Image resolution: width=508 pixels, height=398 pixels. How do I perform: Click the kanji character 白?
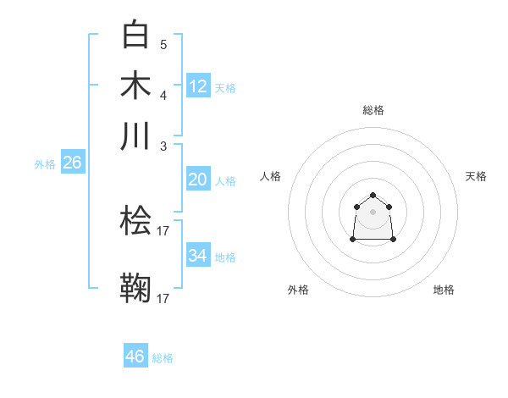pyautogui.click(x=136, y=35)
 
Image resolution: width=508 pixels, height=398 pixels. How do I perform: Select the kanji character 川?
pyautogui.click(x=136, y=135)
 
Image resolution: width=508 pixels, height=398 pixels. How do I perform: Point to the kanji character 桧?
pyautogui.click(x=136, y=221)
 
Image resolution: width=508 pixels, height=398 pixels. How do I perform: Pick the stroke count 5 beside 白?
pyautogui.click(x=163, y=45)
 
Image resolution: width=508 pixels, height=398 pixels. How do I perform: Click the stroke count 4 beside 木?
pyautogui.click(x=163, y=95)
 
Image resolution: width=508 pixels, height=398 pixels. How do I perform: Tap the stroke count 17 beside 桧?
pyautogui.click(x=163, y=230)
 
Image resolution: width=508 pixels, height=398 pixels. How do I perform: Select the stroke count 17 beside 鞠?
pyautogui.click(x=163, y=298)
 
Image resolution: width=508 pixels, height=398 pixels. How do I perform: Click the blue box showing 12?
pyautogui.click(x=198, y=86)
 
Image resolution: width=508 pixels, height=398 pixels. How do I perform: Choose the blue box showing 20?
pyautogui.click(x=198, y=180)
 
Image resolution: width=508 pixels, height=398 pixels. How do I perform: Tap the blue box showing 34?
pyautogui.click(x=198, y=256)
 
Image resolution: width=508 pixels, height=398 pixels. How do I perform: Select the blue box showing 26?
pyautogui.click(x=72, y=163)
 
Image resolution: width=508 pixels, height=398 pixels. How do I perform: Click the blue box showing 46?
pyautogui.click(x=135, y=357)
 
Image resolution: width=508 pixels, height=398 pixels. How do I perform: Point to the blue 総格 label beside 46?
pyautogui.click(x=163, y=358)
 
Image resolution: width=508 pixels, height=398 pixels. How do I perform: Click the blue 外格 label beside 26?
pyautogui.click(x=45, y=164)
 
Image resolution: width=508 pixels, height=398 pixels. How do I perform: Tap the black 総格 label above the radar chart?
pyautogui.click(x=373, y=110)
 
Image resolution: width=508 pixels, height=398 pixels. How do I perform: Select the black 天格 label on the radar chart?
pyautogui.click(x=476, y=176)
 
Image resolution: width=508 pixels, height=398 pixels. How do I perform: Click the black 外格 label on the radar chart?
pyautogui.click(x=298, y=290)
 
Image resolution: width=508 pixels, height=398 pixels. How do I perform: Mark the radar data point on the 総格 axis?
pyautogui.click(x=373, y=196)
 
